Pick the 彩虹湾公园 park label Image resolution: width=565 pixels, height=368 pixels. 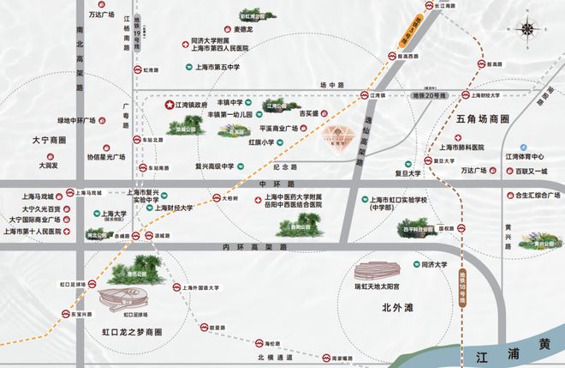click(x=254, y=15)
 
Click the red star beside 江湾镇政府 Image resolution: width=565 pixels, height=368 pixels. click(x=169, y=105)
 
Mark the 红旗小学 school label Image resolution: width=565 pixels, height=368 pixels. click(x=262, y=142)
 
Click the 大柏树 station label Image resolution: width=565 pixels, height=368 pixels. click(x=224, y=197)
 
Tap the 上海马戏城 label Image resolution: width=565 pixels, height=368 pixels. click(x=37, y=196)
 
